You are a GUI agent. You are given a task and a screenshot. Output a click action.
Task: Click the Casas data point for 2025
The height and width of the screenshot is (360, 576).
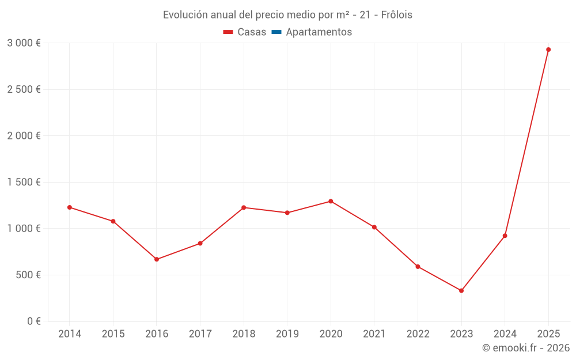click(x=548, y=50)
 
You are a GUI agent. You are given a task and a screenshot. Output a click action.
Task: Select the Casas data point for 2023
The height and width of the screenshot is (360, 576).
click(x=461, y=291)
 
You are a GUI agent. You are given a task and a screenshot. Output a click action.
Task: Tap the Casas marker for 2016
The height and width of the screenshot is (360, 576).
click(x=157, y=259)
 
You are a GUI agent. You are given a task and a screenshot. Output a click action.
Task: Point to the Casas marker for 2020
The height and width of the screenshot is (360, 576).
click(x=331, y=201)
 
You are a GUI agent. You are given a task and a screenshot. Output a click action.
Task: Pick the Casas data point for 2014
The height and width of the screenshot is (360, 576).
click(x=70, y=207)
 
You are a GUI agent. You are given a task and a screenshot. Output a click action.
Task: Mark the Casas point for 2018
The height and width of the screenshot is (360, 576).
click(x=244, y=207)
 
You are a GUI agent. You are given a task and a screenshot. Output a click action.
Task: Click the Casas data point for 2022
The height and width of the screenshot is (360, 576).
click(x=418, y=267)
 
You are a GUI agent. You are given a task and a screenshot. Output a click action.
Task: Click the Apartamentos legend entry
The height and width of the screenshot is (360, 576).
click(x=319, y=32)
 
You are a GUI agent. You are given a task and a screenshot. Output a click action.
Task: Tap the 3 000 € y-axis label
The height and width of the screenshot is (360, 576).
click(x=24, y=43)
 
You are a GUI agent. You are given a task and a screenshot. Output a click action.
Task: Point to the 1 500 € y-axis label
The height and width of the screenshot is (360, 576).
click(x=24, y=182)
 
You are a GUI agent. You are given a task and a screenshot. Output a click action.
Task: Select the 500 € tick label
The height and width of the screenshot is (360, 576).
click(x=28, y=275)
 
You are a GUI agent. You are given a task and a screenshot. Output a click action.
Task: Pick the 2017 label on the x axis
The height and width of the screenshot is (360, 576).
click(x=200, y=334)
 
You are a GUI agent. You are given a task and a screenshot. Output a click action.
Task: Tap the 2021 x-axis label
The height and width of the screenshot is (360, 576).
click(x=374, y=334)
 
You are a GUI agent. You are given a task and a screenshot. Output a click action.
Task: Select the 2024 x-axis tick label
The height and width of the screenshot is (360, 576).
click(x=505, y=334)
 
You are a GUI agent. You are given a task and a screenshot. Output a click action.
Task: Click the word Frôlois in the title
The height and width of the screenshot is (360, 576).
click(x=396, y=15)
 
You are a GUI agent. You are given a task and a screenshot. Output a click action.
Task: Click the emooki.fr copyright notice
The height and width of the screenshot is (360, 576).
click(x=525, y=348)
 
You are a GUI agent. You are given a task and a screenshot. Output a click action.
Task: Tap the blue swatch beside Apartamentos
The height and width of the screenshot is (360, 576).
click(x=276, y=32)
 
